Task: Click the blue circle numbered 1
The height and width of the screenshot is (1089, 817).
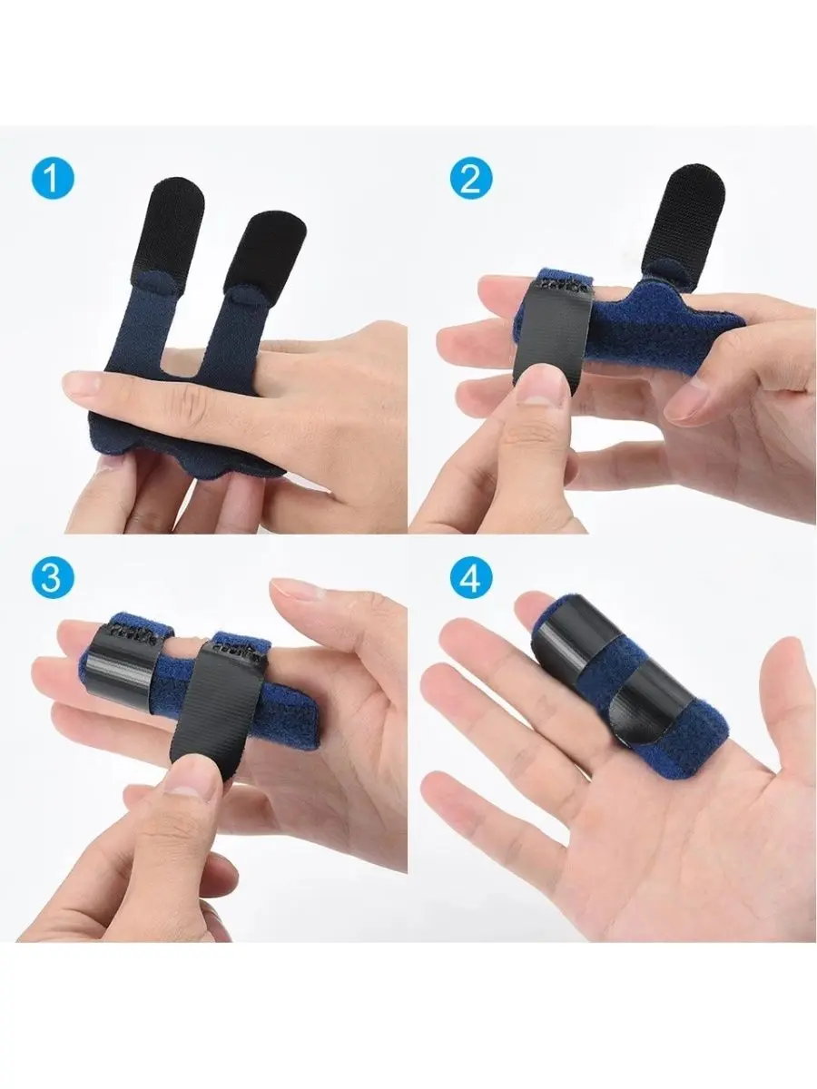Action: click(51, 179)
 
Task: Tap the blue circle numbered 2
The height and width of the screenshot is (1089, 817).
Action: click(470, 179)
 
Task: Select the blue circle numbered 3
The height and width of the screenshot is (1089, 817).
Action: click(51, 580)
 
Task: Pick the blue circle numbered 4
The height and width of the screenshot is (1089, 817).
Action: click(470, 580)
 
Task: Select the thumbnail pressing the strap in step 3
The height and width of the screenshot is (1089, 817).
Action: click(189, 778)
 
